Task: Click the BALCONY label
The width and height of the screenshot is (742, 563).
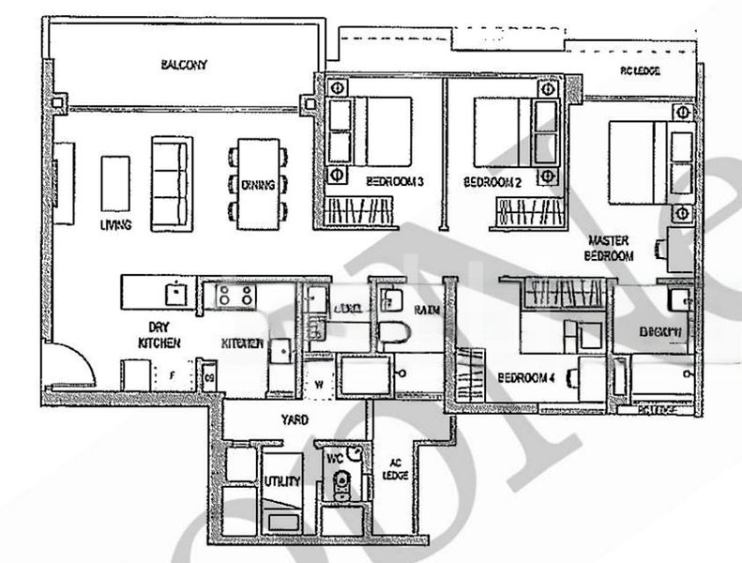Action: coord(183,66)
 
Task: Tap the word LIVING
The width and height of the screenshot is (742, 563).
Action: coord(115,225)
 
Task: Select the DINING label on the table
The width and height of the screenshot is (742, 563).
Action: coord(256,185)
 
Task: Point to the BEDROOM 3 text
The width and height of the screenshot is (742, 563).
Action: coord(395,180)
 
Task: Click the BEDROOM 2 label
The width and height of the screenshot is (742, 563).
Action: coord(492,180)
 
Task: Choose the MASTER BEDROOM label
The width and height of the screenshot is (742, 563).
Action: coord(610,248)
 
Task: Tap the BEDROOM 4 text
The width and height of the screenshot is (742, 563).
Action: coord(528,377)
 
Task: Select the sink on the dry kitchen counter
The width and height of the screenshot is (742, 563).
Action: coord(175,293)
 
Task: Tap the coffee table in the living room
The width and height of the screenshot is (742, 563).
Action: coord(114,183)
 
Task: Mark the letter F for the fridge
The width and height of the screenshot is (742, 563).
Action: coord(171,373)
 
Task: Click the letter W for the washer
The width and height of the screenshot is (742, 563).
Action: coord(318,383)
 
